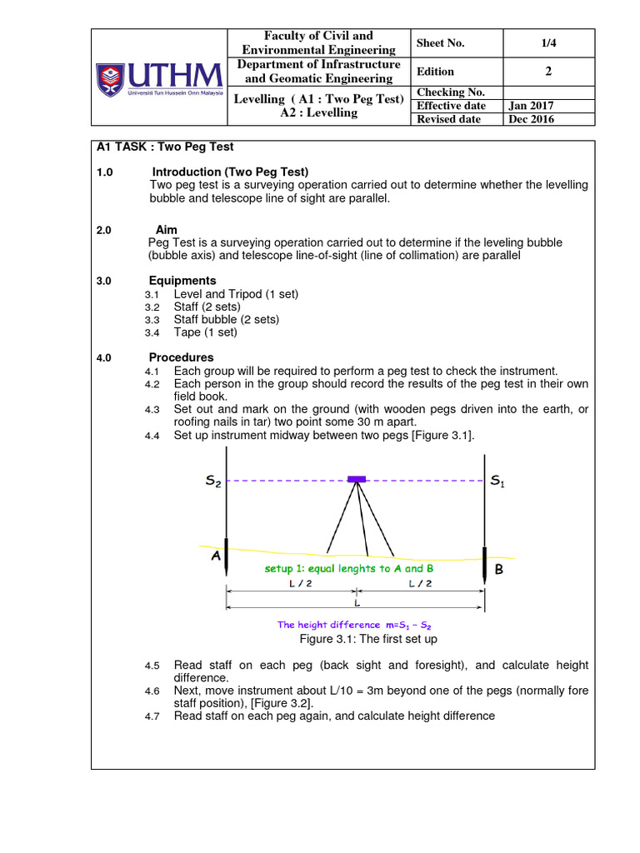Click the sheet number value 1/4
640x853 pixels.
point(548,43)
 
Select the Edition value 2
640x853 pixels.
point(548,72)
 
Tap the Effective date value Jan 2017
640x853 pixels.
point(531,106)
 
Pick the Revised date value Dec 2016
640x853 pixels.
point(532,119)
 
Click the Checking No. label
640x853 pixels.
point(451,92)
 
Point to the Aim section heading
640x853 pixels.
point(167,230)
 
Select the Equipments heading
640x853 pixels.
point(182,281)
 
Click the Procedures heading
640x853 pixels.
point(181,357)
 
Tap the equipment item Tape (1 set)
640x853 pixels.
point(205,332)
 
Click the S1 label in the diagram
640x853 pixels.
point(497,481)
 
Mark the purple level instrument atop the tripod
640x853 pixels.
point(357,479)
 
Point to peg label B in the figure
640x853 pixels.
point(499,570)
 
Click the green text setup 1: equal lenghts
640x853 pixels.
point(349,568)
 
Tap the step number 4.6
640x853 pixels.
point(151,691)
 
